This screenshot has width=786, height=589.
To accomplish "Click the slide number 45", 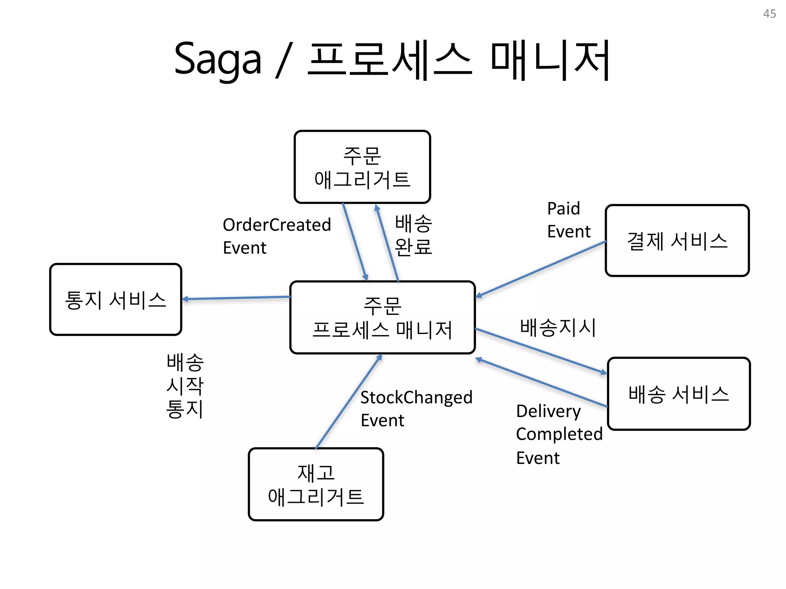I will coord(769,14).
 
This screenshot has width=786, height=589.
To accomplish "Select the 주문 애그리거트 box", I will coord(362,167).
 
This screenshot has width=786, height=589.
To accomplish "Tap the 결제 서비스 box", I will coord(677,240).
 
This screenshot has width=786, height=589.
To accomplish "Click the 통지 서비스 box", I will coord(116,299).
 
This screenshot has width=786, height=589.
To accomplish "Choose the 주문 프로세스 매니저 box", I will coord(382,318).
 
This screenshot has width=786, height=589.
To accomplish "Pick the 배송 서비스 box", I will coord(679,394).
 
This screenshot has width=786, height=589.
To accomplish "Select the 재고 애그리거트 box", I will coord(315,484).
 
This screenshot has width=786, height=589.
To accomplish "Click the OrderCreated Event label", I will coord(276,236).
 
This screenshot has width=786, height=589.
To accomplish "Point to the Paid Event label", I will coord(568,220).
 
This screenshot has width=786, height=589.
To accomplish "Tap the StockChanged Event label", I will coord(416,408).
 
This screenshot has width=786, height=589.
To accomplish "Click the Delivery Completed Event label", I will coord(559,434).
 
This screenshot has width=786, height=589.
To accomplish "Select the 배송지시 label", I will coord(558,327).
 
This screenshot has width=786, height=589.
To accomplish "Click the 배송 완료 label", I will coord(413,235).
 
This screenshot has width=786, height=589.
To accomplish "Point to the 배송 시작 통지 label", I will coord(185,385).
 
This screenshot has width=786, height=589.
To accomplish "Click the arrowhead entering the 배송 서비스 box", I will coord(603,372).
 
